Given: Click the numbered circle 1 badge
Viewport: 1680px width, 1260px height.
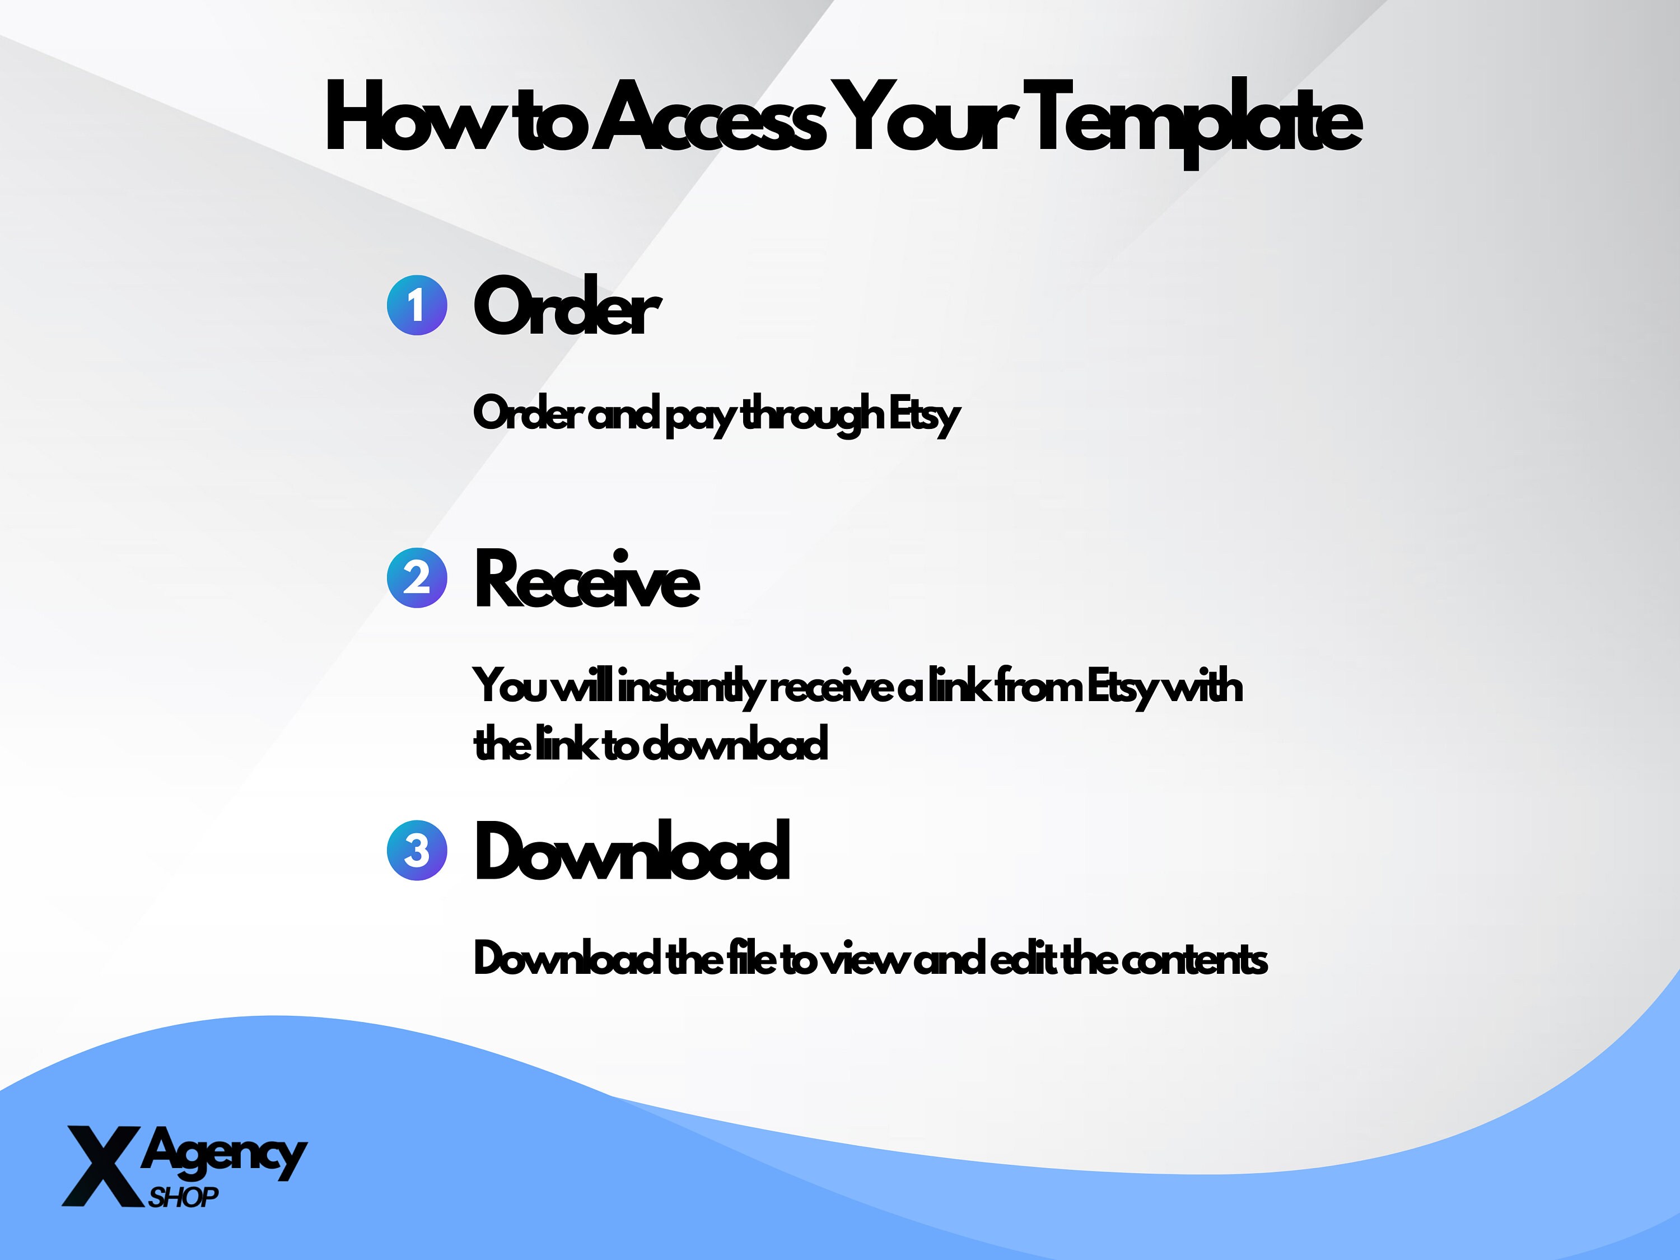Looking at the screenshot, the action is pyautogui.click(x=417, y=305).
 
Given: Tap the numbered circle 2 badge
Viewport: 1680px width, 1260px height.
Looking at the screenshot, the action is pyautogui.click(x=417, y=578).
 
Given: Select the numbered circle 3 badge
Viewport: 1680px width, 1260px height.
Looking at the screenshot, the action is pyautogui.click(x=417, y=851).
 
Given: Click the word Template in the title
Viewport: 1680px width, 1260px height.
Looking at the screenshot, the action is pyautogui.click(x=1196, y=122).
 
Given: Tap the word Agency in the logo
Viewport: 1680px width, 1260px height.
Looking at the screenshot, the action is pyautogui.click(x=224, y=1154).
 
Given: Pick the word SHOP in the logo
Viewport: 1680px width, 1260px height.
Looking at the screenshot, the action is pyautogui.click(x=184, y=1198).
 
